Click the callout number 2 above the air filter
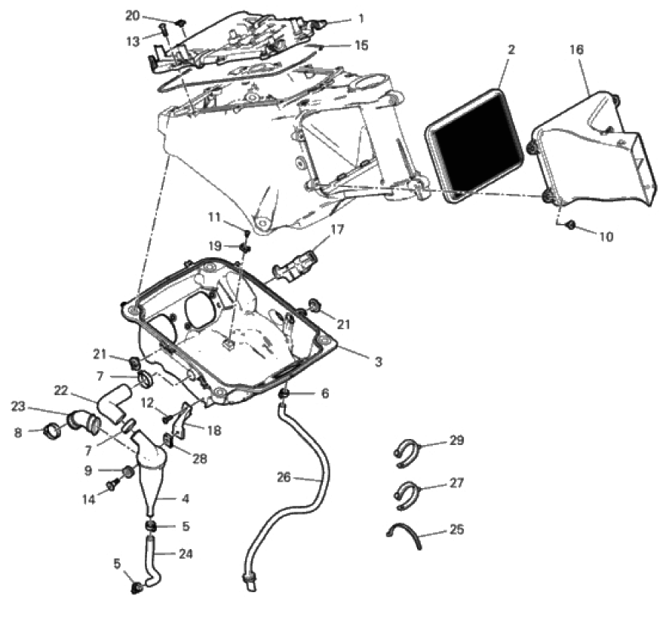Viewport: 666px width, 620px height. [511, 50]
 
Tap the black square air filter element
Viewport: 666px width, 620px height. [474, 146]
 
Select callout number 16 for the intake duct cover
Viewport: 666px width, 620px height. [576, 50]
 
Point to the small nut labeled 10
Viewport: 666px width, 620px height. [571, 225]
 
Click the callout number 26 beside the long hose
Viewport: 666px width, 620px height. [284, 477]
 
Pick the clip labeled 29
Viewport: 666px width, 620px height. [405, 453]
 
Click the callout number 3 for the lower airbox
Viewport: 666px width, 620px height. [378, 361]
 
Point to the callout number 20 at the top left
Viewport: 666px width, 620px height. [132, 16]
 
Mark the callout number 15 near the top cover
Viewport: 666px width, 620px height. [361, 45]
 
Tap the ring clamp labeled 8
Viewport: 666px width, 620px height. [53, 432]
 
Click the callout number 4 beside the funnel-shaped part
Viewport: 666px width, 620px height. [186, 498]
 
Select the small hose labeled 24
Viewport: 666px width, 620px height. [152, 561]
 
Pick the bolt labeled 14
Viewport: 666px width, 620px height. [112, 484]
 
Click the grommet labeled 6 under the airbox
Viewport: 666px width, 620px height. [284, 394]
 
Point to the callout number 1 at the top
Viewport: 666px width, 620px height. [361, 18]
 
